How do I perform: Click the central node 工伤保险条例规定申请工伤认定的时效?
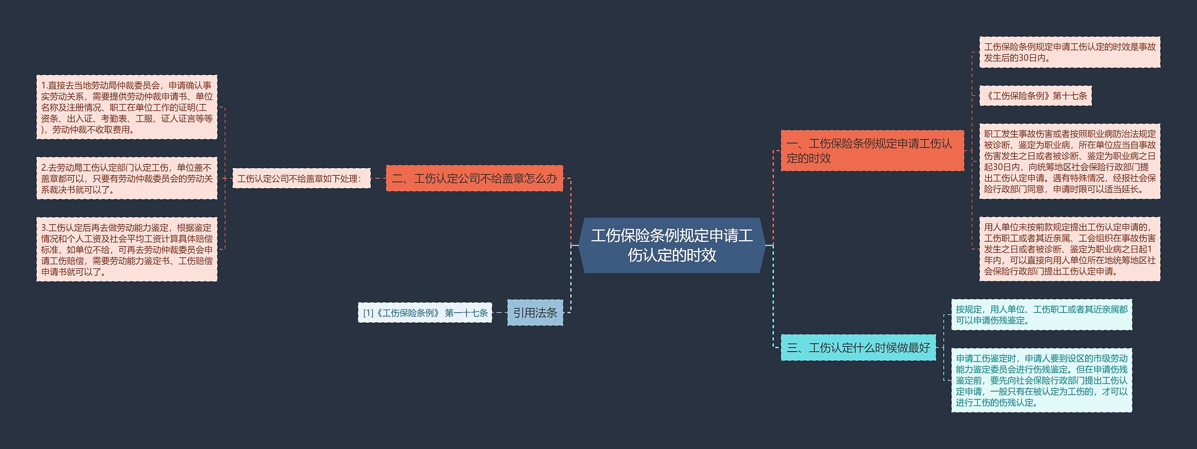point(671,245)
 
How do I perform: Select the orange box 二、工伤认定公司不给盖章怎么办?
point(474,178)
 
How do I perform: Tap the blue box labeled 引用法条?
point(535,312)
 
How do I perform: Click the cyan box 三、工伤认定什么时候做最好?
point(858,348)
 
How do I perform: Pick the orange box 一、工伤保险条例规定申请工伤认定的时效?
point(872,151)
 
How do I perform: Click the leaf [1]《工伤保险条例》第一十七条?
point(425,312)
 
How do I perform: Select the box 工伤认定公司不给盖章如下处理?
point(301,178)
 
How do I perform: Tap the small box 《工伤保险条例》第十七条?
point(1035,96)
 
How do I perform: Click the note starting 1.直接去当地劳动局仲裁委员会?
point(127,107)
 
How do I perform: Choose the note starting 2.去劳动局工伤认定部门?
point(127,178)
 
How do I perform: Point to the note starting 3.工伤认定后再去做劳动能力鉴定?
point(127,249)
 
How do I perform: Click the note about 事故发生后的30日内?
point(1069,52)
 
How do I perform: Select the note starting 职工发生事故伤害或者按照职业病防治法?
point(1069,161)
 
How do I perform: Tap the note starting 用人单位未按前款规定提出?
point(1069,249)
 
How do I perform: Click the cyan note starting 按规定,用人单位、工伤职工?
point(1041,315)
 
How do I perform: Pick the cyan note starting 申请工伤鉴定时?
point(1041,380)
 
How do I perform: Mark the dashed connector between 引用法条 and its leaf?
point(499,312)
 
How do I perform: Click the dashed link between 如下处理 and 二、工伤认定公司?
point(378,178)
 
